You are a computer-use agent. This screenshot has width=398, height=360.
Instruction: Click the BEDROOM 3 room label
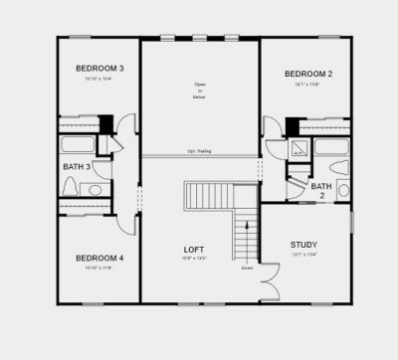click(99, 68)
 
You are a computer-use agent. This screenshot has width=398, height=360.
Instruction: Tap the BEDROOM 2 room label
click(307, 74)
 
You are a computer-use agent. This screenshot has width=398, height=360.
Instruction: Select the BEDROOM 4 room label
click(99, 258)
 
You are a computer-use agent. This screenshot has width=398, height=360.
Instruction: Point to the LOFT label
click(194, 249)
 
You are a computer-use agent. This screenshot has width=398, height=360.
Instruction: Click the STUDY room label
click(303, 245)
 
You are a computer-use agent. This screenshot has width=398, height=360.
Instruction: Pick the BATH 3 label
click(77, 167)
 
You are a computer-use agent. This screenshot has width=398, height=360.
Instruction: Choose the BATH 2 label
click(321, 191)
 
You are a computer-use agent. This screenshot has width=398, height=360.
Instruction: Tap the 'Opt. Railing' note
click(199, 152)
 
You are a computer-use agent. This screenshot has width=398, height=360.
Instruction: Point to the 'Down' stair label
click(247, 267)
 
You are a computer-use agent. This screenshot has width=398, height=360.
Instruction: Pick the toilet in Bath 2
click(342, 188)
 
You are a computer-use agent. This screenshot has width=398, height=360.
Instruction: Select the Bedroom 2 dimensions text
click(307, 85)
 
